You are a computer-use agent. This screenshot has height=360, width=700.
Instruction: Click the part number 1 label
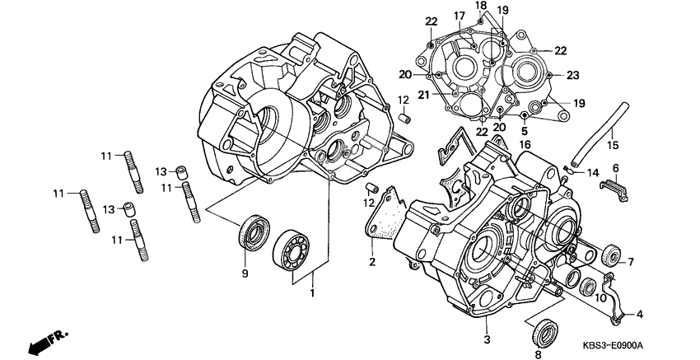tap(312, 293)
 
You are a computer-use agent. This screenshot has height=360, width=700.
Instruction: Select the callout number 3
tap(487, 339)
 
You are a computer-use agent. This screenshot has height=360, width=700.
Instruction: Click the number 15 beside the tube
tap(612, 146)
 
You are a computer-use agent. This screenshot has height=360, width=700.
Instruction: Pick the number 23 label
tap(572, 75)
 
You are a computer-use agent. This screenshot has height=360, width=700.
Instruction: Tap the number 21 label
tap(445, 95)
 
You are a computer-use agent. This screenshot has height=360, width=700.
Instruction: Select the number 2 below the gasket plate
tap(372, 263)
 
